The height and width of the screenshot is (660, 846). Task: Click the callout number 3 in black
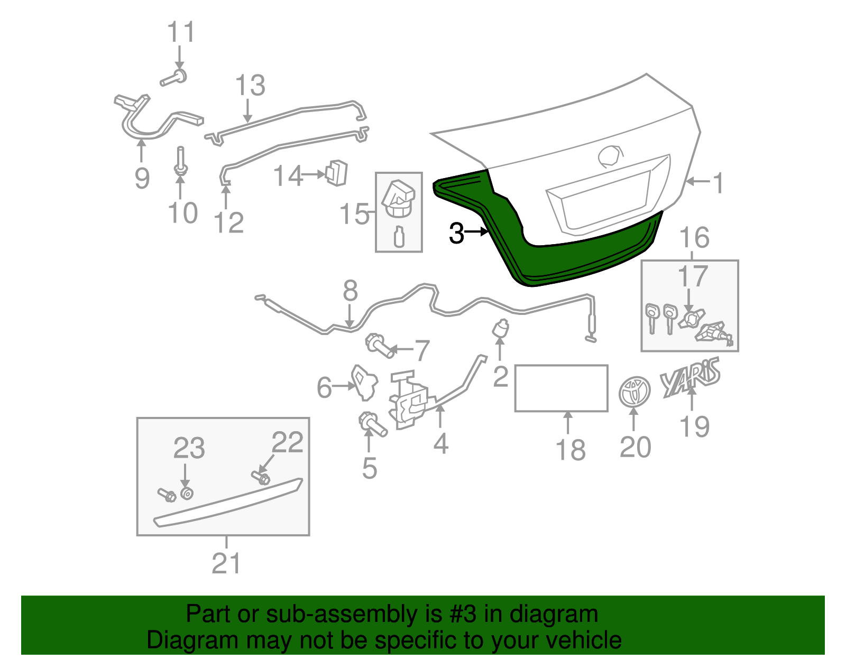(x=456, y=233)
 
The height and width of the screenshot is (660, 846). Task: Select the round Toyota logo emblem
(x=633, y=392)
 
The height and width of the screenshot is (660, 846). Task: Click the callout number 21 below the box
(x=226, y=563)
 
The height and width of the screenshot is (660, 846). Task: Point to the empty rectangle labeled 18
(x=561, y=388)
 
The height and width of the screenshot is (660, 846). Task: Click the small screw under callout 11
(x=173, y=78)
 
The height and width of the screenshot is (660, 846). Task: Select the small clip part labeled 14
(x=337, y=173)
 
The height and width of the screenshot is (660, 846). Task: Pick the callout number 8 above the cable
(x=350, y=291)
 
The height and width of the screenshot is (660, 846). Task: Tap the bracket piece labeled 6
(x=364, y=382)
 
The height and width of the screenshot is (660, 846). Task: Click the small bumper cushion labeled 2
(x=500, y=329)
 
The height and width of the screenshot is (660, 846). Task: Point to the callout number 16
(x=694, y=238)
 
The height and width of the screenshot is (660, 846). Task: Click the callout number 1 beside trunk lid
(x=718, y=183)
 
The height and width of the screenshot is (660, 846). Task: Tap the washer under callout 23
(x=186, y=494)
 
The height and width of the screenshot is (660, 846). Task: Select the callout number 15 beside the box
(x=354, y=214)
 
